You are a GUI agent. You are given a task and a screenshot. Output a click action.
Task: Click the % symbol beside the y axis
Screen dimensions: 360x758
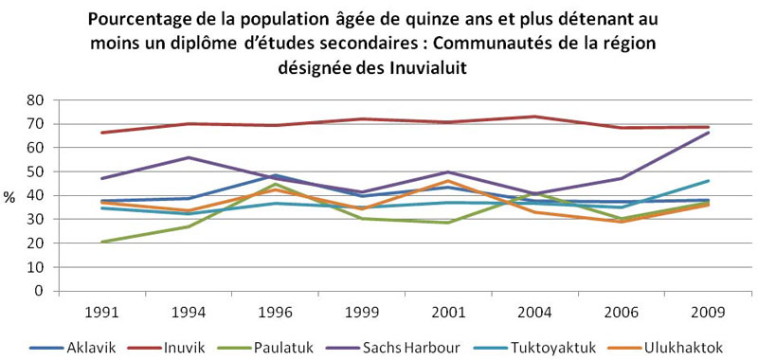coord(9,198)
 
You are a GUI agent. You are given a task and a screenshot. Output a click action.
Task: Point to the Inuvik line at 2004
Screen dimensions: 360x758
coord(537,117)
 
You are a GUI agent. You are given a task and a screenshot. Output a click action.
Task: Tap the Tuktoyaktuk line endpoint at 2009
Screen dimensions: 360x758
coord(710,181)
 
